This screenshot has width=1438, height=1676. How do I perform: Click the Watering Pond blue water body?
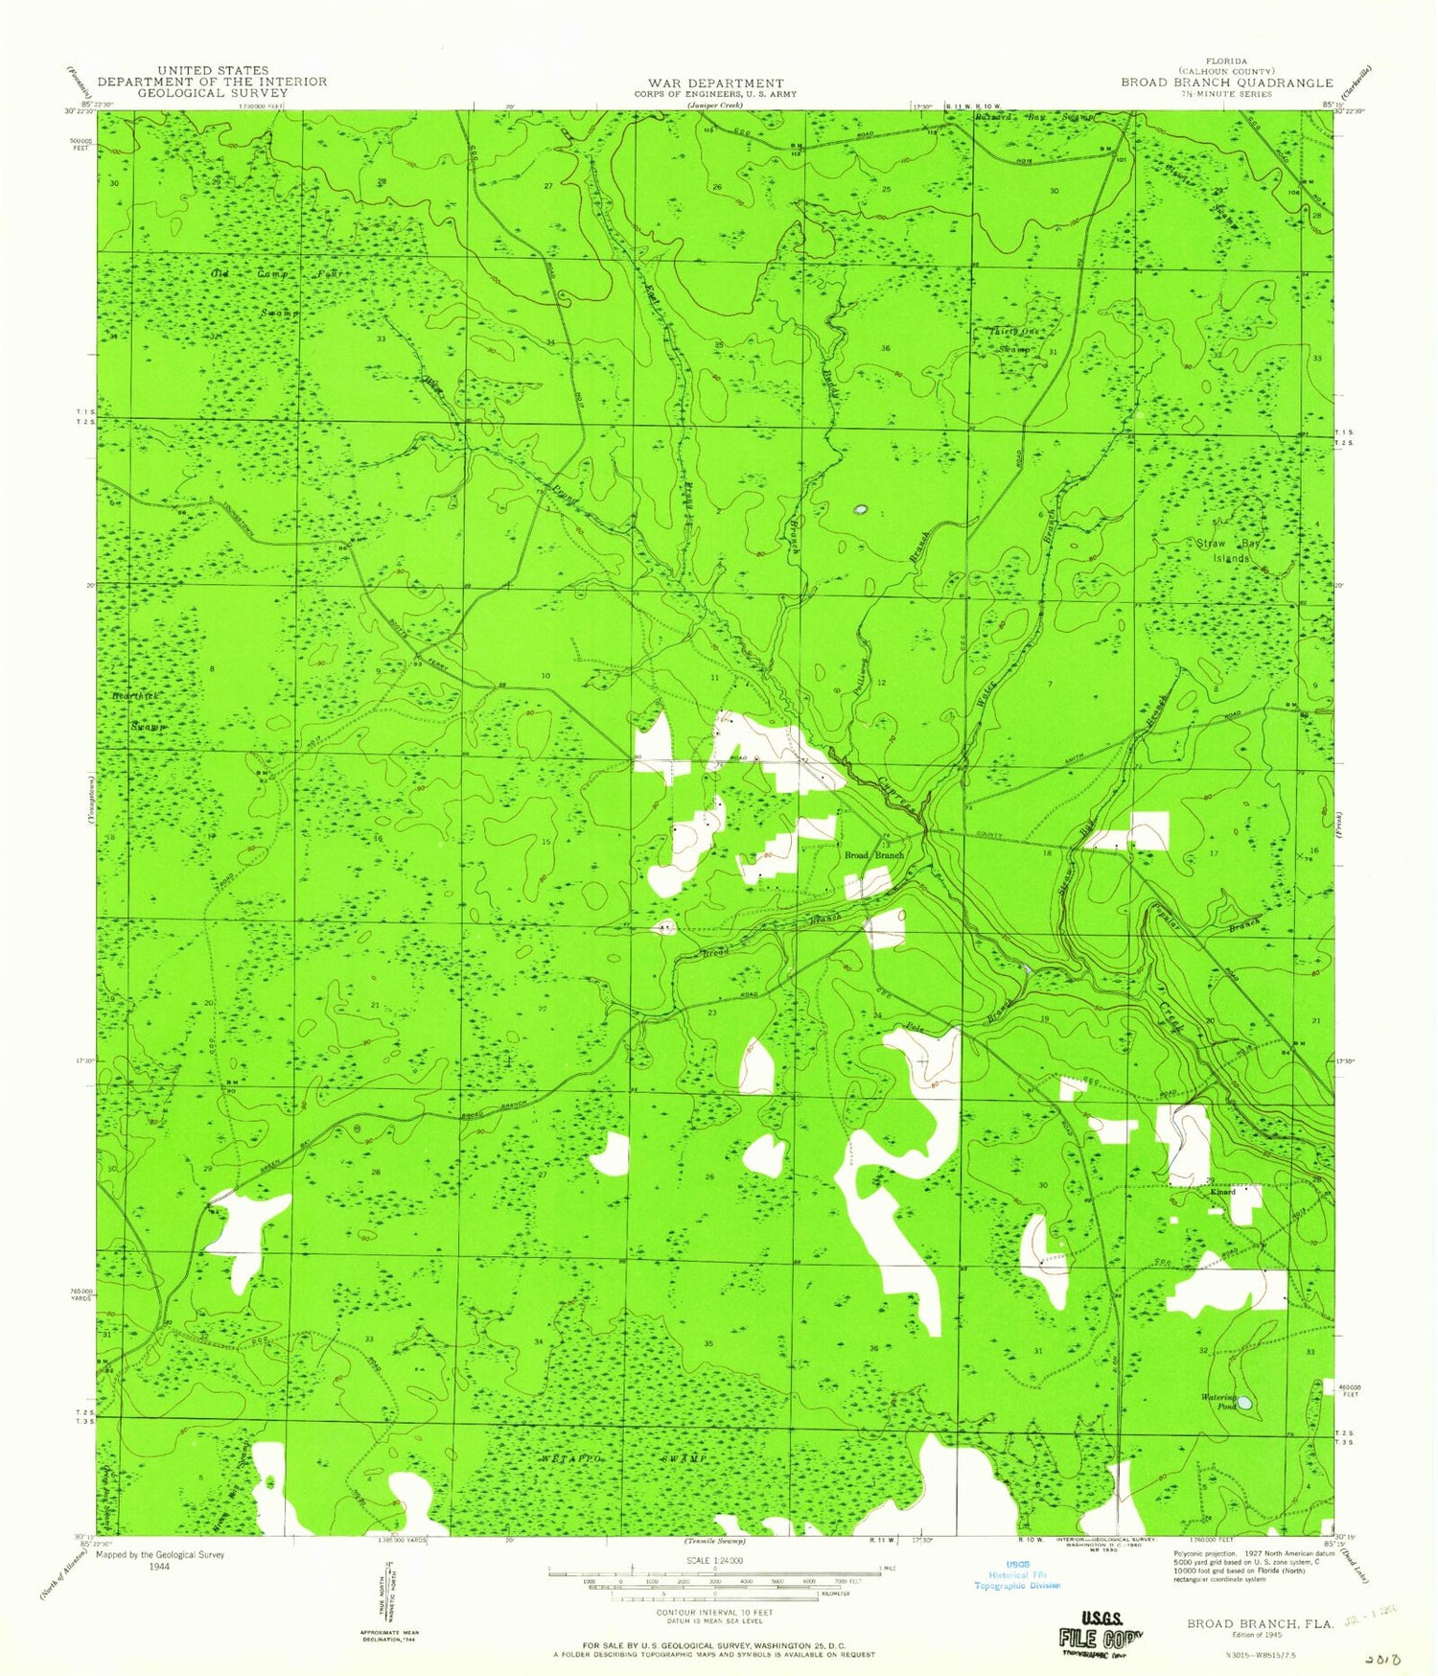[1243, 1403]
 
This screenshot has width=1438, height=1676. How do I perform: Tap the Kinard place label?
[1222, 1192]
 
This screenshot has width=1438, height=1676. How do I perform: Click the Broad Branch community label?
[873, 854]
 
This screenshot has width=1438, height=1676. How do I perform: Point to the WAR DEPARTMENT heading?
[715, 83]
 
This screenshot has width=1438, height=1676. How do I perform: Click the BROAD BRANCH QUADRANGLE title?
[1227, 82]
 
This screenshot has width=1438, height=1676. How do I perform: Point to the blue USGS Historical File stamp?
[1017, 1574]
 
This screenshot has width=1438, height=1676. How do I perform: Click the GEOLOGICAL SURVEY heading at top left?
[212, 93]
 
